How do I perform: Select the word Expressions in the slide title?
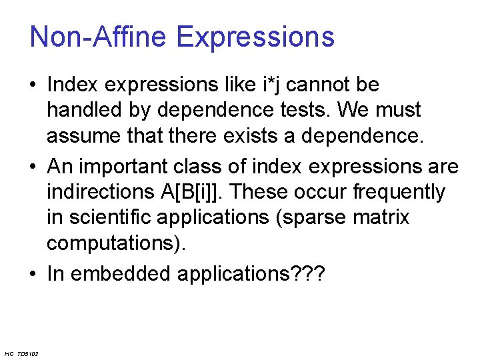255,37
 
